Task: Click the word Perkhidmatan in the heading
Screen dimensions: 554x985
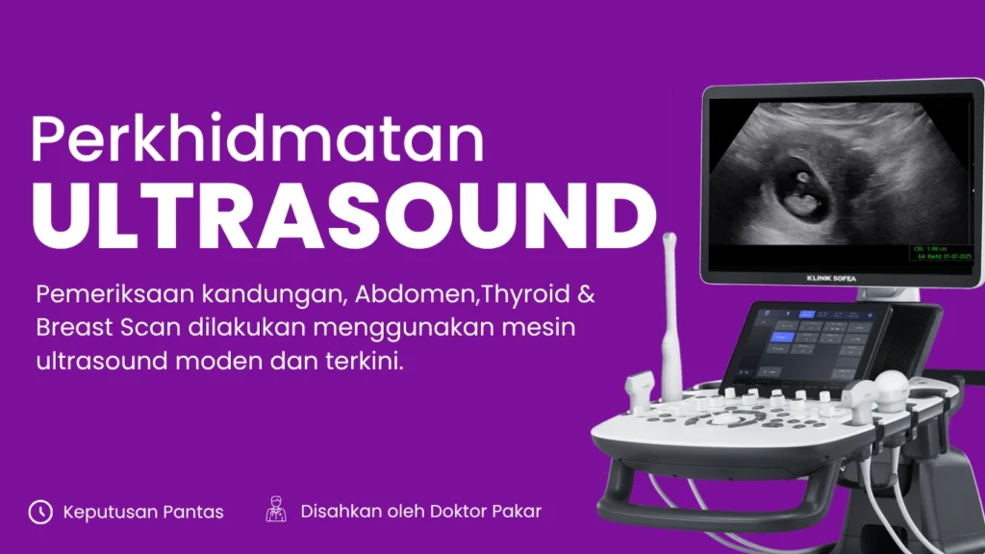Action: coord(257,140)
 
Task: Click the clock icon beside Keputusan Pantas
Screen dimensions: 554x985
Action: coord(40,512)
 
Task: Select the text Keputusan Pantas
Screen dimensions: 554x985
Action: coord(143,512)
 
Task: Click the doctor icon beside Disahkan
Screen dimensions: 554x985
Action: coord(276,511)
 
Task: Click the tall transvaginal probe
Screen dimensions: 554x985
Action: coord(670,317)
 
